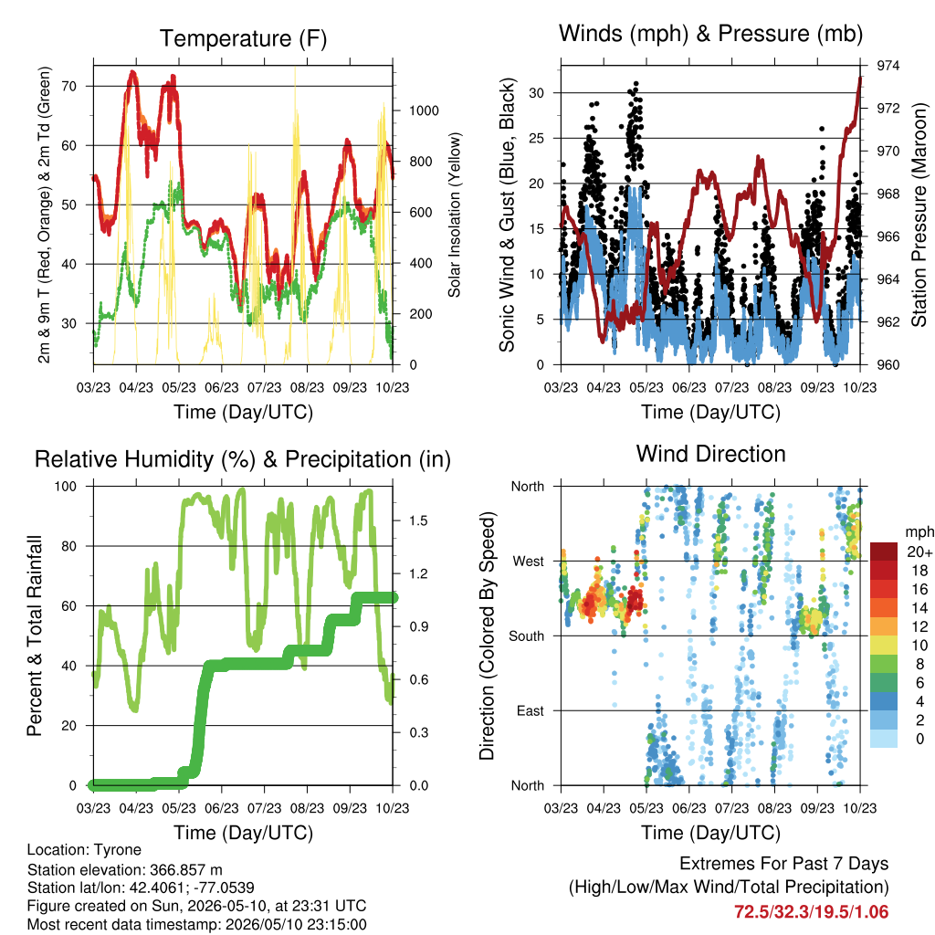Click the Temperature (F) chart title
click(243, 38)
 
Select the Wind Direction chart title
click(710, 454)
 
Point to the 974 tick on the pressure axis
click(888, 66)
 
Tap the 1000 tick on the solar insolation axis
click(424, 110)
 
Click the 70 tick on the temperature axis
click(69, 87)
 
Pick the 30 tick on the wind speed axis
click(536, 93)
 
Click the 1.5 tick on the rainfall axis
click(418, 520)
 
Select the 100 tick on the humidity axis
click(66, 487)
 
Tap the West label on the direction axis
click(529, 562)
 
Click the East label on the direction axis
click(531, 710)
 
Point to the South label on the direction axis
click(526, 636)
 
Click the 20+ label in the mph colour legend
click(919, 552)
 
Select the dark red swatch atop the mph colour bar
click(884, 552)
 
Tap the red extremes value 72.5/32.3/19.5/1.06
click(811, 912)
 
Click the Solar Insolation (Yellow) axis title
click(455, 215)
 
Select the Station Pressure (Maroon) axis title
click(919, 215)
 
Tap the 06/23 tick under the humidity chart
click(222, 808)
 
